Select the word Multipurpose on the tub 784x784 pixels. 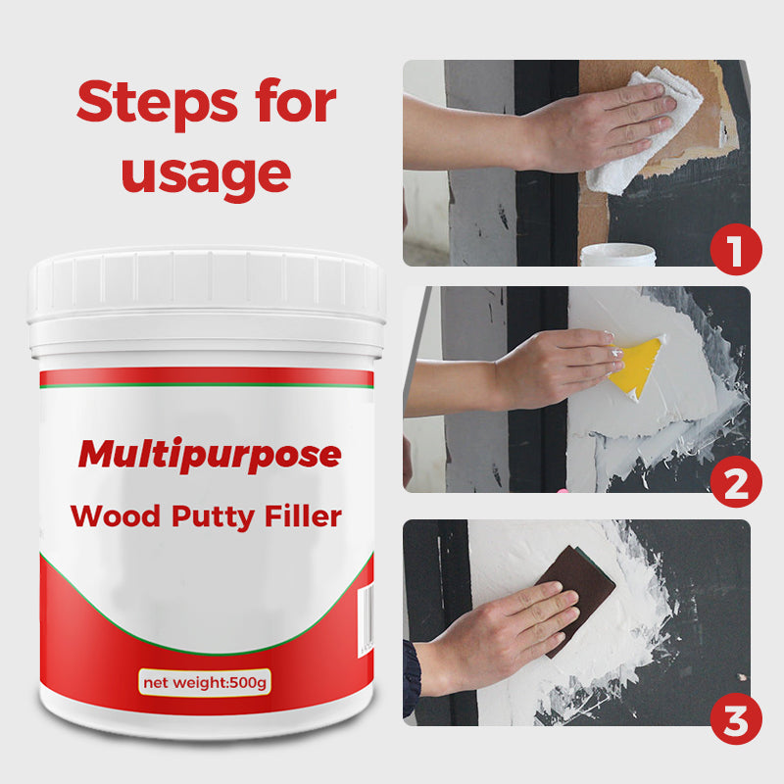210,455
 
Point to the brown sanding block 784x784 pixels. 580,599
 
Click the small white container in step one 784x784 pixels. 617,255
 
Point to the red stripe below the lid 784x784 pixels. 206,376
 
